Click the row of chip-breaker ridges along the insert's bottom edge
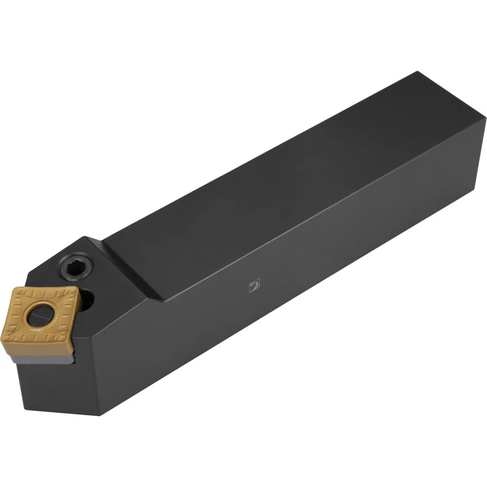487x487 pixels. click(x=39, y=347)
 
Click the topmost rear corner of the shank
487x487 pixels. click(x=417, y=72)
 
